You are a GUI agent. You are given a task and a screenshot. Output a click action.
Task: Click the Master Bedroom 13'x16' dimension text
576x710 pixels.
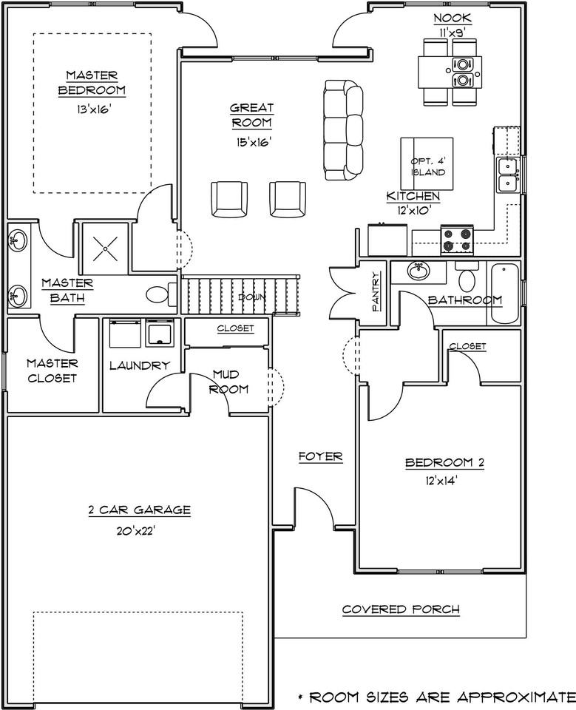[94, 109]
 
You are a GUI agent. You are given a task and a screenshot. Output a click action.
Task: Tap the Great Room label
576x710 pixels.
[252, 115]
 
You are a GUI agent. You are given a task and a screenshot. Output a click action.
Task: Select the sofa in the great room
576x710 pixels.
[343, 131]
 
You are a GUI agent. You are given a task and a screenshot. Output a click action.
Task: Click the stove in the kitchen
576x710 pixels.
[458, 240]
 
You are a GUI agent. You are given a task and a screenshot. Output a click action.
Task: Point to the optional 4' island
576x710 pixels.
[427, 164]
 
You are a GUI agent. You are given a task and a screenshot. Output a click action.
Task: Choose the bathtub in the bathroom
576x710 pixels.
[504, 293]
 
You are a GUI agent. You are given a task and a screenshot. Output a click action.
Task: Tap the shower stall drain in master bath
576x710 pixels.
[106, 248]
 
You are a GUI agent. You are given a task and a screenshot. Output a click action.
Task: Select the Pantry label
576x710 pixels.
[376, 291]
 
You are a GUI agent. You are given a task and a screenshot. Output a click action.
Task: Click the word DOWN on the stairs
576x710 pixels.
[252, 297]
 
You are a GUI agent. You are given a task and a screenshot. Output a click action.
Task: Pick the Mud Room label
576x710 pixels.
[229, 382]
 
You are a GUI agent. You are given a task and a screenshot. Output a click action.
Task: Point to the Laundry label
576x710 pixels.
[140, 365]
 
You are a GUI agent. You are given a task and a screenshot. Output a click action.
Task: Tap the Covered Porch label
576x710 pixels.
[401, 609]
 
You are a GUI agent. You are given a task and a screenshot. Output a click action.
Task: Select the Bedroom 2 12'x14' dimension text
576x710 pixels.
[438, 481]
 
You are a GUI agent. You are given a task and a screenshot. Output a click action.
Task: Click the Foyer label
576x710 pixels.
[321, 456]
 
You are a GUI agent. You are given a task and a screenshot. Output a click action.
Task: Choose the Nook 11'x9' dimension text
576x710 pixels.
[453, 33]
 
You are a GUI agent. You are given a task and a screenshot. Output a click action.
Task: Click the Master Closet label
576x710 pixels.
[52, 371]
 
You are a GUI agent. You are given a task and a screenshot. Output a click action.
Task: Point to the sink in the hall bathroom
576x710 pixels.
[419, 271]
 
